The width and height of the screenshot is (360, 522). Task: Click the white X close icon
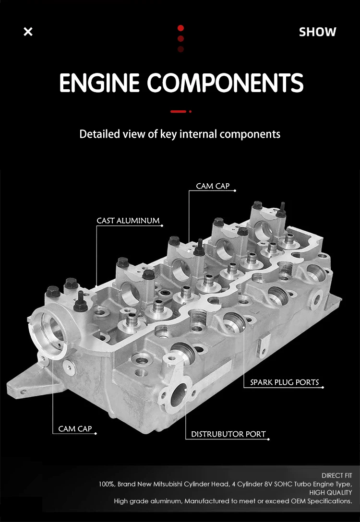coord(28,32)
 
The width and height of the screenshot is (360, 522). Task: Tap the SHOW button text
coord(317,32)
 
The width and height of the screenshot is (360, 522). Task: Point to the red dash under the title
coord(178,111)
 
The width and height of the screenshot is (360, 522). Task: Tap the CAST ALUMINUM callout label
coord(128,220)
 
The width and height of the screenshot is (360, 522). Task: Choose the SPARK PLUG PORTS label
coord(285,382)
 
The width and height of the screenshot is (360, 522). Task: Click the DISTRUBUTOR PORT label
coord(228,434)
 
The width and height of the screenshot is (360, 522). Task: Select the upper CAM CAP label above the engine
coord(213,186)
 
